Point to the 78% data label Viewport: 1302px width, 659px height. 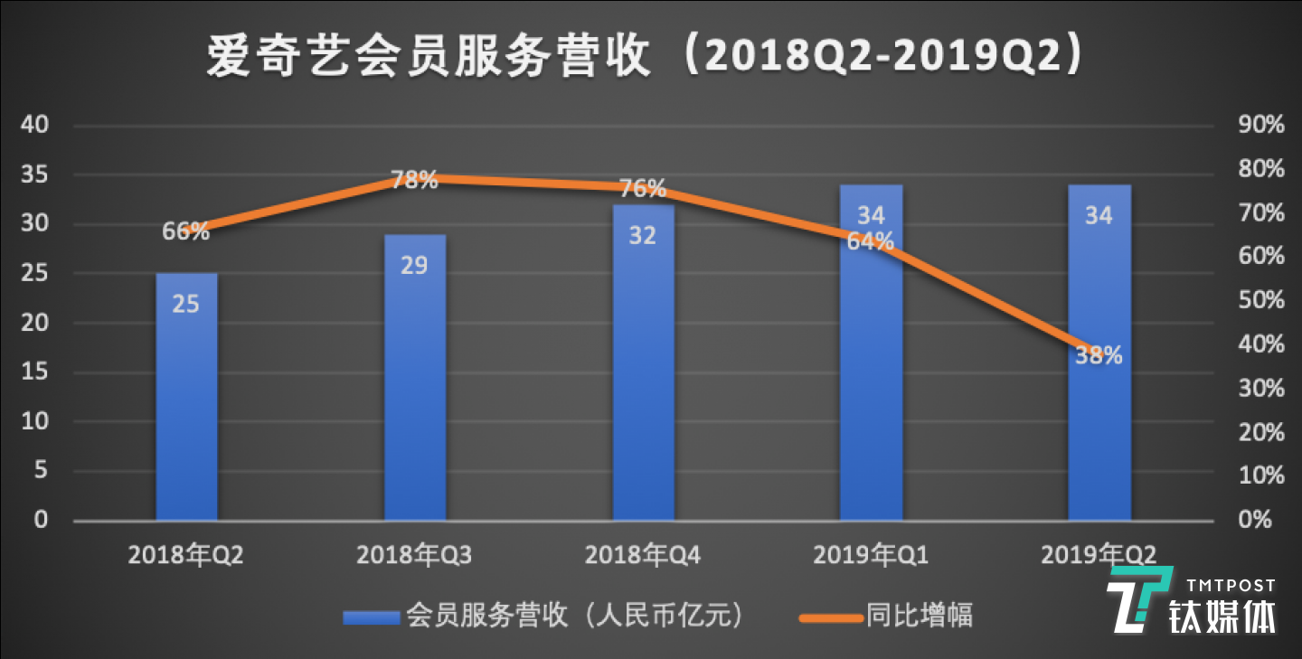click(x=415, y=180)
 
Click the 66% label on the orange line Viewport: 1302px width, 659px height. click(x=186, y=231)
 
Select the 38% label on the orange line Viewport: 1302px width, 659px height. click(x=1099, y=356)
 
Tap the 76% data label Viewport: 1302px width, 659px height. click(x=643, y=189)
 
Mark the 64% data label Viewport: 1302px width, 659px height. click(x=871, y=241)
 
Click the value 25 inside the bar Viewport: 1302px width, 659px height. click(x=186, y=304)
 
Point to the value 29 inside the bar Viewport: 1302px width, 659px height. click(x=415, y=266)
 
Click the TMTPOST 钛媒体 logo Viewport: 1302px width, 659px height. click(x=1193, y=601)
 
